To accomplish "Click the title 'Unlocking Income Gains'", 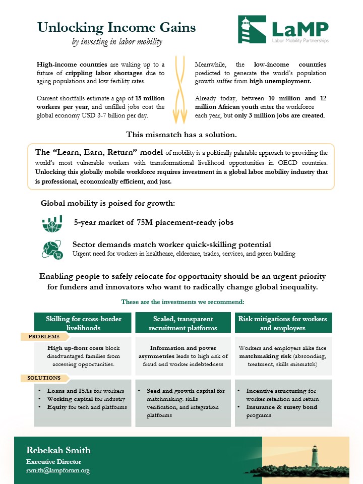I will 116,27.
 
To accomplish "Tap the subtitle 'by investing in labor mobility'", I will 117,42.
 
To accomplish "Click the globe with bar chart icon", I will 52,222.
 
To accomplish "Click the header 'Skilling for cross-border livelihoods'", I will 83,323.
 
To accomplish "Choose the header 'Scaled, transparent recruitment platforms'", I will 183,323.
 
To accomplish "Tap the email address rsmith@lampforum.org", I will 58,470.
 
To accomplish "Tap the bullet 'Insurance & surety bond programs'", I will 281,411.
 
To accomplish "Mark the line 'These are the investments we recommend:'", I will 183,301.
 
